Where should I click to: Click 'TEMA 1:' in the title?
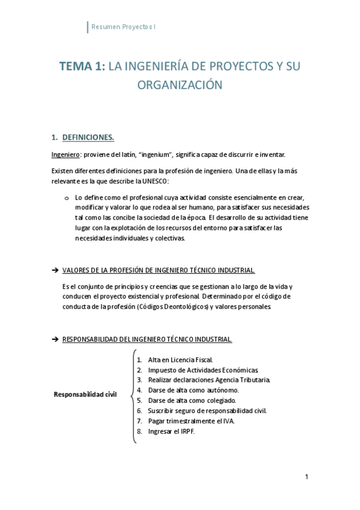82,66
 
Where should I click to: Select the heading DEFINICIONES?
88,137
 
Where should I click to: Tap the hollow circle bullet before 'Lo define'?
67,197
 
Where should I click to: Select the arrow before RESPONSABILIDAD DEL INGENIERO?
55,339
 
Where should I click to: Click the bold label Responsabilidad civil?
85,395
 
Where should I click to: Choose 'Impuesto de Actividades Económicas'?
203,369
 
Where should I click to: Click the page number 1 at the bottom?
307,477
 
